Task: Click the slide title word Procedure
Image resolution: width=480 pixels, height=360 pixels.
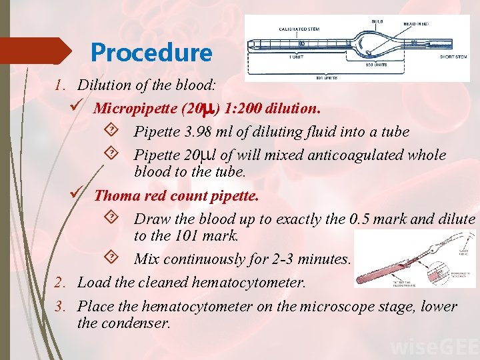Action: [151, 53]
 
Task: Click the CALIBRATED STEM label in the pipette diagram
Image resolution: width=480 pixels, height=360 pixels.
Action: [299, 28]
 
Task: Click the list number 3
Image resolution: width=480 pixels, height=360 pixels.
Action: [59, 307]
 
